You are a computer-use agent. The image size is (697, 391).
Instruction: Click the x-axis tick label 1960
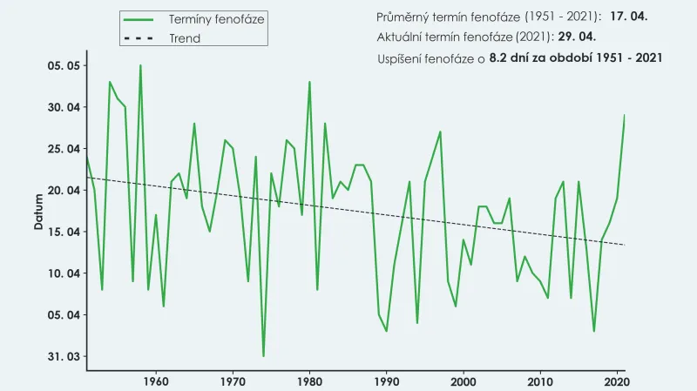click(156, 381)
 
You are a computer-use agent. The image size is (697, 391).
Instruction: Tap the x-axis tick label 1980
click(309, 381)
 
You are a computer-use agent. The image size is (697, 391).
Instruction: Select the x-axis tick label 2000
click(464, 381)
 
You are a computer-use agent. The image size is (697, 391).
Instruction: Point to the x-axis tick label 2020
click(617, 381)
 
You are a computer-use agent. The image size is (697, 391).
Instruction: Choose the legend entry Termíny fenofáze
click(217, 18)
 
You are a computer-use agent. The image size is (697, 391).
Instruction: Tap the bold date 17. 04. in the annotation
click(630, 17)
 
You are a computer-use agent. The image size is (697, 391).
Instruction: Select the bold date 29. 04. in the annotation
click(578, 37)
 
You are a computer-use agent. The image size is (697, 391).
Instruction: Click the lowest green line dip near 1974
click(263, 355)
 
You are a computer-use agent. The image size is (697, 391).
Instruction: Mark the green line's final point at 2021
click(625, 116)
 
